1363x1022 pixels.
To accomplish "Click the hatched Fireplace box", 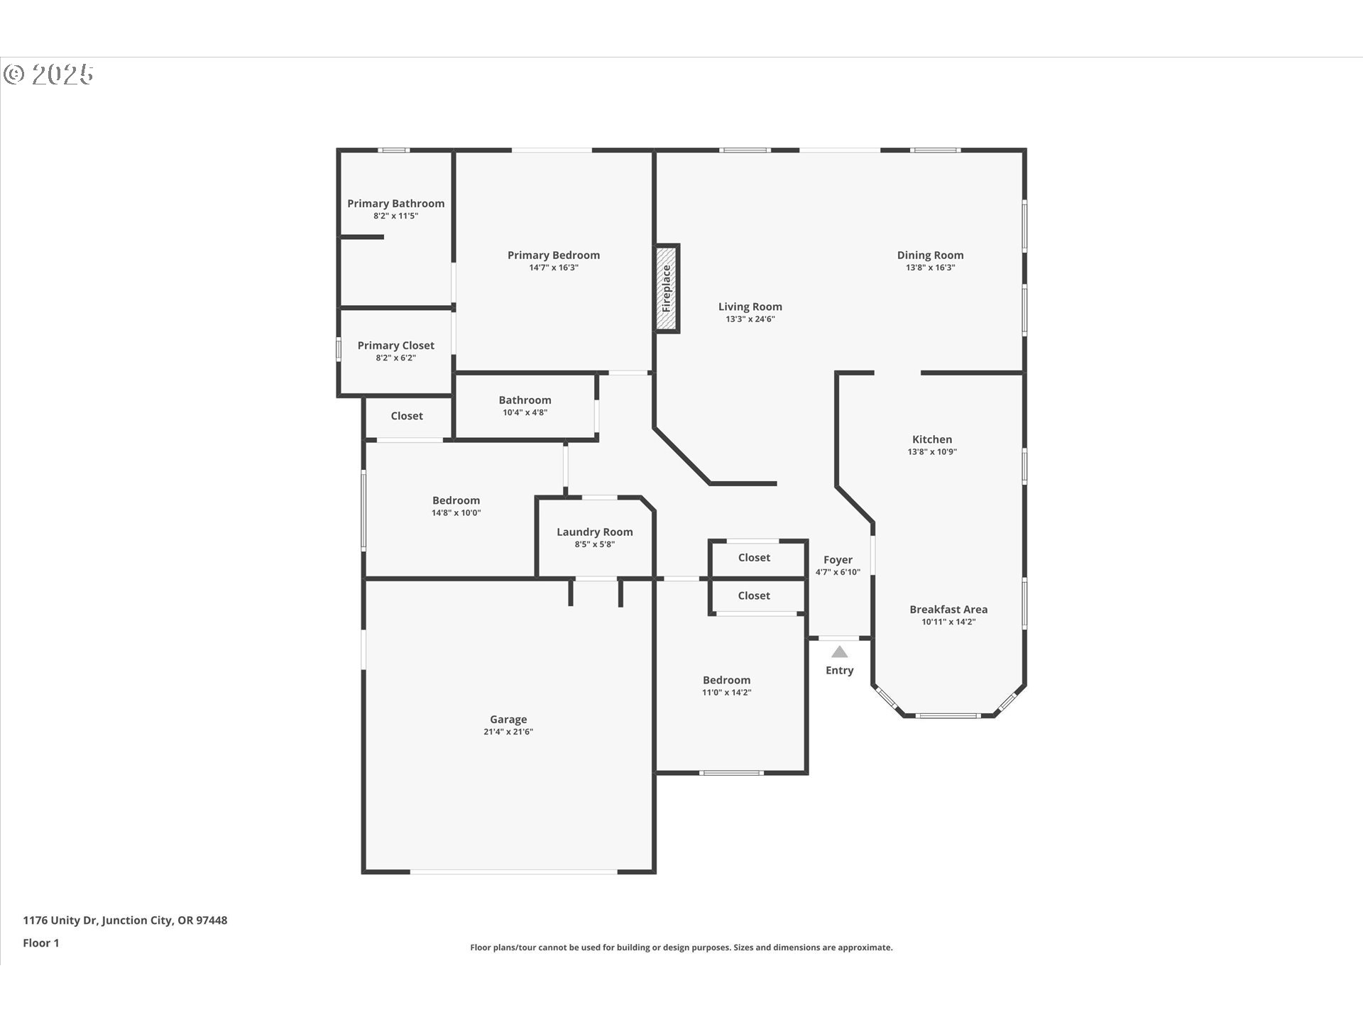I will (667, 288).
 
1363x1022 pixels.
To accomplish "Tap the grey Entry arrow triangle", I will (839, 652).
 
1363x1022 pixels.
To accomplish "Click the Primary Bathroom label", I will (395, 204).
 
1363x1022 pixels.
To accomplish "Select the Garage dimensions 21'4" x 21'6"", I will (508, 732).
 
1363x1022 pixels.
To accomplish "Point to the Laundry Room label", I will (594, 532).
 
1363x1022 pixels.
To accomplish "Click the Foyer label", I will (838, 560).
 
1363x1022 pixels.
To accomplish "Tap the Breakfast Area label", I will (948, 610).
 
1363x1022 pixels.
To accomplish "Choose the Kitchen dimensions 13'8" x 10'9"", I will (931, 452).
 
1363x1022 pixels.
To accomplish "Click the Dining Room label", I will (930, 255).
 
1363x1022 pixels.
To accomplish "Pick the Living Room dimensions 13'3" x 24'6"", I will (750, 319).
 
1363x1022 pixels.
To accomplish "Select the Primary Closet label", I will (395, 346).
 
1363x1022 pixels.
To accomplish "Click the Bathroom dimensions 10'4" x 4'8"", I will (525, 412).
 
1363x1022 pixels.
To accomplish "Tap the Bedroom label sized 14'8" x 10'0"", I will (456, 501).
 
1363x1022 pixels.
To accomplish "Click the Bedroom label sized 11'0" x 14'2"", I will (726, 681).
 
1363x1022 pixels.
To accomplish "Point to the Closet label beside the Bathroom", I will (407, 416).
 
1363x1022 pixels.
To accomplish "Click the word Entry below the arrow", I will (839, 671).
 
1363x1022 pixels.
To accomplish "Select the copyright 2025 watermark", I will (48, 74).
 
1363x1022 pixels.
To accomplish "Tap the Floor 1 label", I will (41, 943).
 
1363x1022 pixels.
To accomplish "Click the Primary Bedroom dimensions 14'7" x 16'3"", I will (553, 268).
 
